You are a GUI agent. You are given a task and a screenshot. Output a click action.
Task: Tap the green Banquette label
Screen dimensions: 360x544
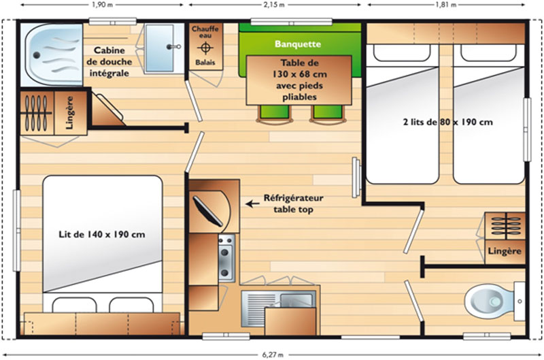click(x=297, y=44)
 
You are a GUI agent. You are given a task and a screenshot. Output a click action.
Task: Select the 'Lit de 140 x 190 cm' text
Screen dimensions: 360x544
click(x=101, y=235)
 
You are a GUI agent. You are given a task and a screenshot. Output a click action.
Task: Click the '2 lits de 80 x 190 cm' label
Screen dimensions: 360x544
click(x=447, y=122)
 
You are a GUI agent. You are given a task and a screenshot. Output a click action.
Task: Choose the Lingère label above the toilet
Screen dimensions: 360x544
click(x=505, y=251)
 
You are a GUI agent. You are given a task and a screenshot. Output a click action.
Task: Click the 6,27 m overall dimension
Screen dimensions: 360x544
click(x=272, y=354)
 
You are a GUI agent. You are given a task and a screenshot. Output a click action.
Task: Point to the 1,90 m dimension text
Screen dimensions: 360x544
click(x=101, y=5)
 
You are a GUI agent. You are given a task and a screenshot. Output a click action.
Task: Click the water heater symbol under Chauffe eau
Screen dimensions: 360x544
click(x=205, y=48)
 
